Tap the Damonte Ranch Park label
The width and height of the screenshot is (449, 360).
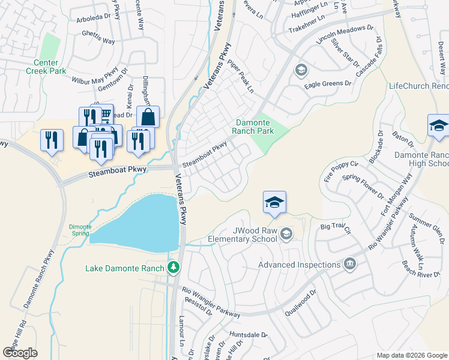point(254,126)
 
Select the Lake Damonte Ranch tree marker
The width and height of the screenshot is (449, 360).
point(174,267)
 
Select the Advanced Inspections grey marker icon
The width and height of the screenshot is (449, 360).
point(349,264)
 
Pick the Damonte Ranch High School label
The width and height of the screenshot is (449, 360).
point(421,159)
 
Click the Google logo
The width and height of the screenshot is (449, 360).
point(20,353)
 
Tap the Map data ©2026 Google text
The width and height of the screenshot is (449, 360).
point(411,355)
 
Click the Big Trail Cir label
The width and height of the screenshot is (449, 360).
point(335,226)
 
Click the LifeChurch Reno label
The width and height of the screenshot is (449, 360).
point(419,86)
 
